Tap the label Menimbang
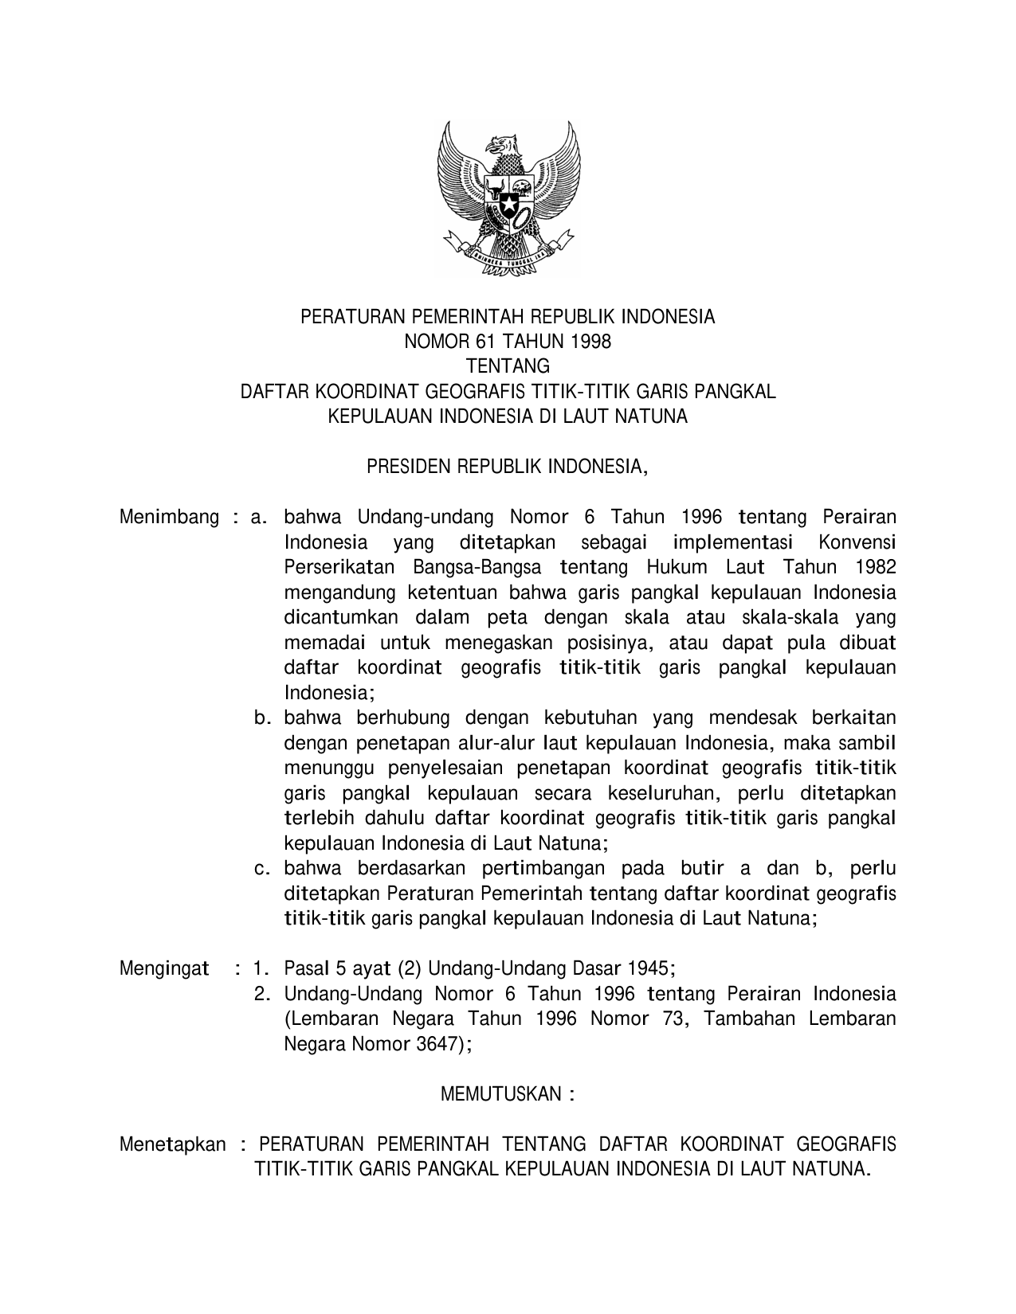pyautogui.click(x=169, y=518)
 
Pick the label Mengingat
pyautogui.click(x=164, y=969)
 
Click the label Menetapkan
pyautogui.click(x=172, y=1145)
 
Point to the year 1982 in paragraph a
pyautogui.click(x=873, y=568)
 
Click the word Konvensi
pyautogui.click(x=857, y=543)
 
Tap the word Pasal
pyautogui.click(x=304, y=969)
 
